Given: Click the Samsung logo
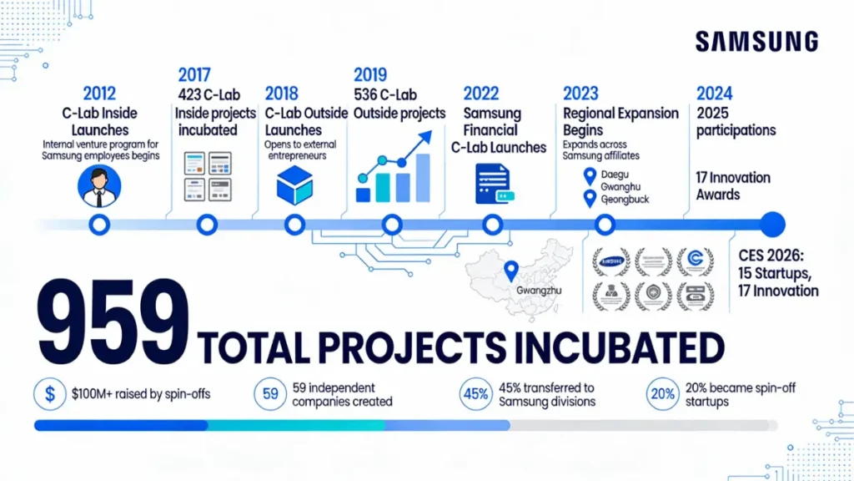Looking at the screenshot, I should [x=756, y=42].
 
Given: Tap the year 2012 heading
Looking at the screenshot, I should [x=99, y=94].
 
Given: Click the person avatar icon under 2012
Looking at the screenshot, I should [x=98, y=185].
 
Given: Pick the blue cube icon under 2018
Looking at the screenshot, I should [x=294, y=185].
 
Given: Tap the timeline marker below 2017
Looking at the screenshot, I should [x=207, y=224].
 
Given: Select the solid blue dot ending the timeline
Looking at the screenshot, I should [x=773, y=224].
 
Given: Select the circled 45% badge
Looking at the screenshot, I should [x=475, y=395].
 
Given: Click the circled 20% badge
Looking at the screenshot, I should [x=663, y=395].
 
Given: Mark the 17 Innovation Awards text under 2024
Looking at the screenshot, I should [x=733, y=185].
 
